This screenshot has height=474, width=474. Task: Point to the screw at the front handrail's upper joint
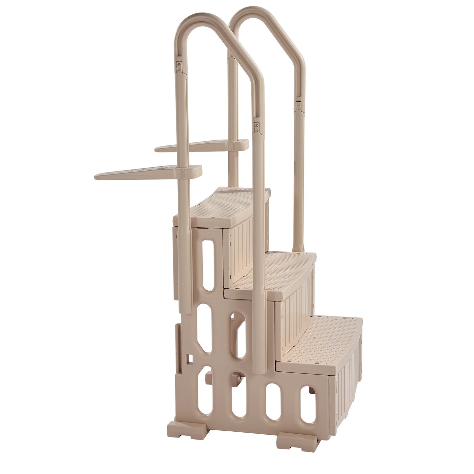coord(179,65)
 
